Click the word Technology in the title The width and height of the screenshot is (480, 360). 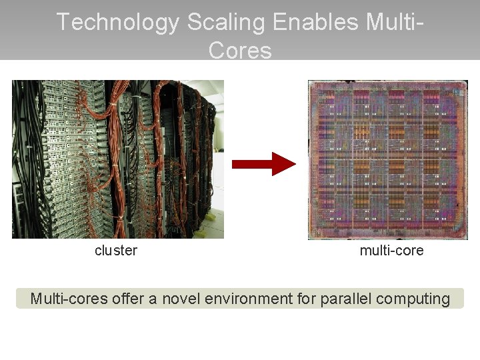tap(117, 22)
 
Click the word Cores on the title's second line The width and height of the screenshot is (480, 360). tap(240, 51)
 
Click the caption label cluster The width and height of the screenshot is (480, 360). tap(116, 251)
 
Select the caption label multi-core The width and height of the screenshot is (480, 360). tap(391, 251)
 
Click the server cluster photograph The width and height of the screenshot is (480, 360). tap(118, 159)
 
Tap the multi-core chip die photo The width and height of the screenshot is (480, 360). tap(387, 160)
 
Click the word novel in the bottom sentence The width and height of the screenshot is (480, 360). tap(181, 299)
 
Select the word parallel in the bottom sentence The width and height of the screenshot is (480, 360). tap(345, 299)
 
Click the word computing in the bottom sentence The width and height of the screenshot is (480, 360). tap(413, 299)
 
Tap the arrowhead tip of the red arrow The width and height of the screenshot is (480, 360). tap(293, 163)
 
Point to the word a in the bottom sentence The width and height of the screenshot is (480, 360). tap(153, 299)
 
